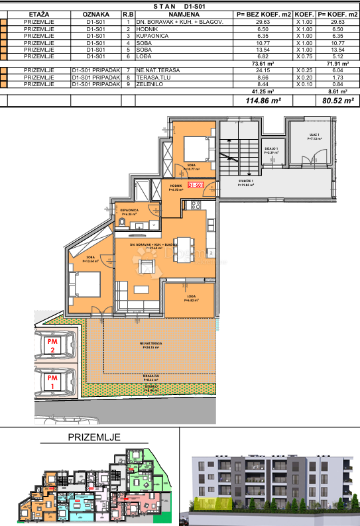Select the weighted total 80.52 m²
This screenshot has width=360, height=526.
point(336,101)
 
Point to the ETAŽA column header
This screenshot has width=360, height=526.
point(38,13)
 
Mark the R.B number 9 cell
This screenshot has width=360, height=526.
point(127,84)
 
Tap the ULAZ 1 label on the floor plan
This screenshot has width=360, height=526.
point(314,137)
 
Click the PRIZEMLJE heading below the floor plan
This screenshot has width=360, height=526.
point(94,438)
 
